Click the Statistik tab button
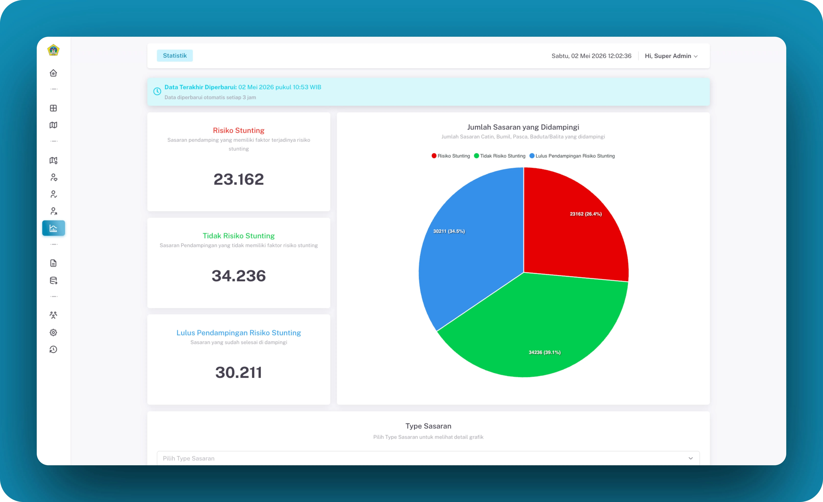175,56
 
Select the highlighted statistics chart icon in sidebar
53,228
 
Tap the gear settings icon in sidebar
53,332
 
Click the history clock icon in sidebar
53,349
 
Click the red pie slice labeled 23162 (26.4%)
575,227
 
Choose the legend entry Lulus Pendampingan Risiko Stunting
572,156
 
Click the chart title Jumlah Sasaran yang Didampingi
523,127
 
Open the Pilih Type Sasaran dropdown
428,458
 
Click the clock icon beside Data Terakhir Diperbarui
157,91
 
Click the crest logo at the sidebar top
53,50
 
